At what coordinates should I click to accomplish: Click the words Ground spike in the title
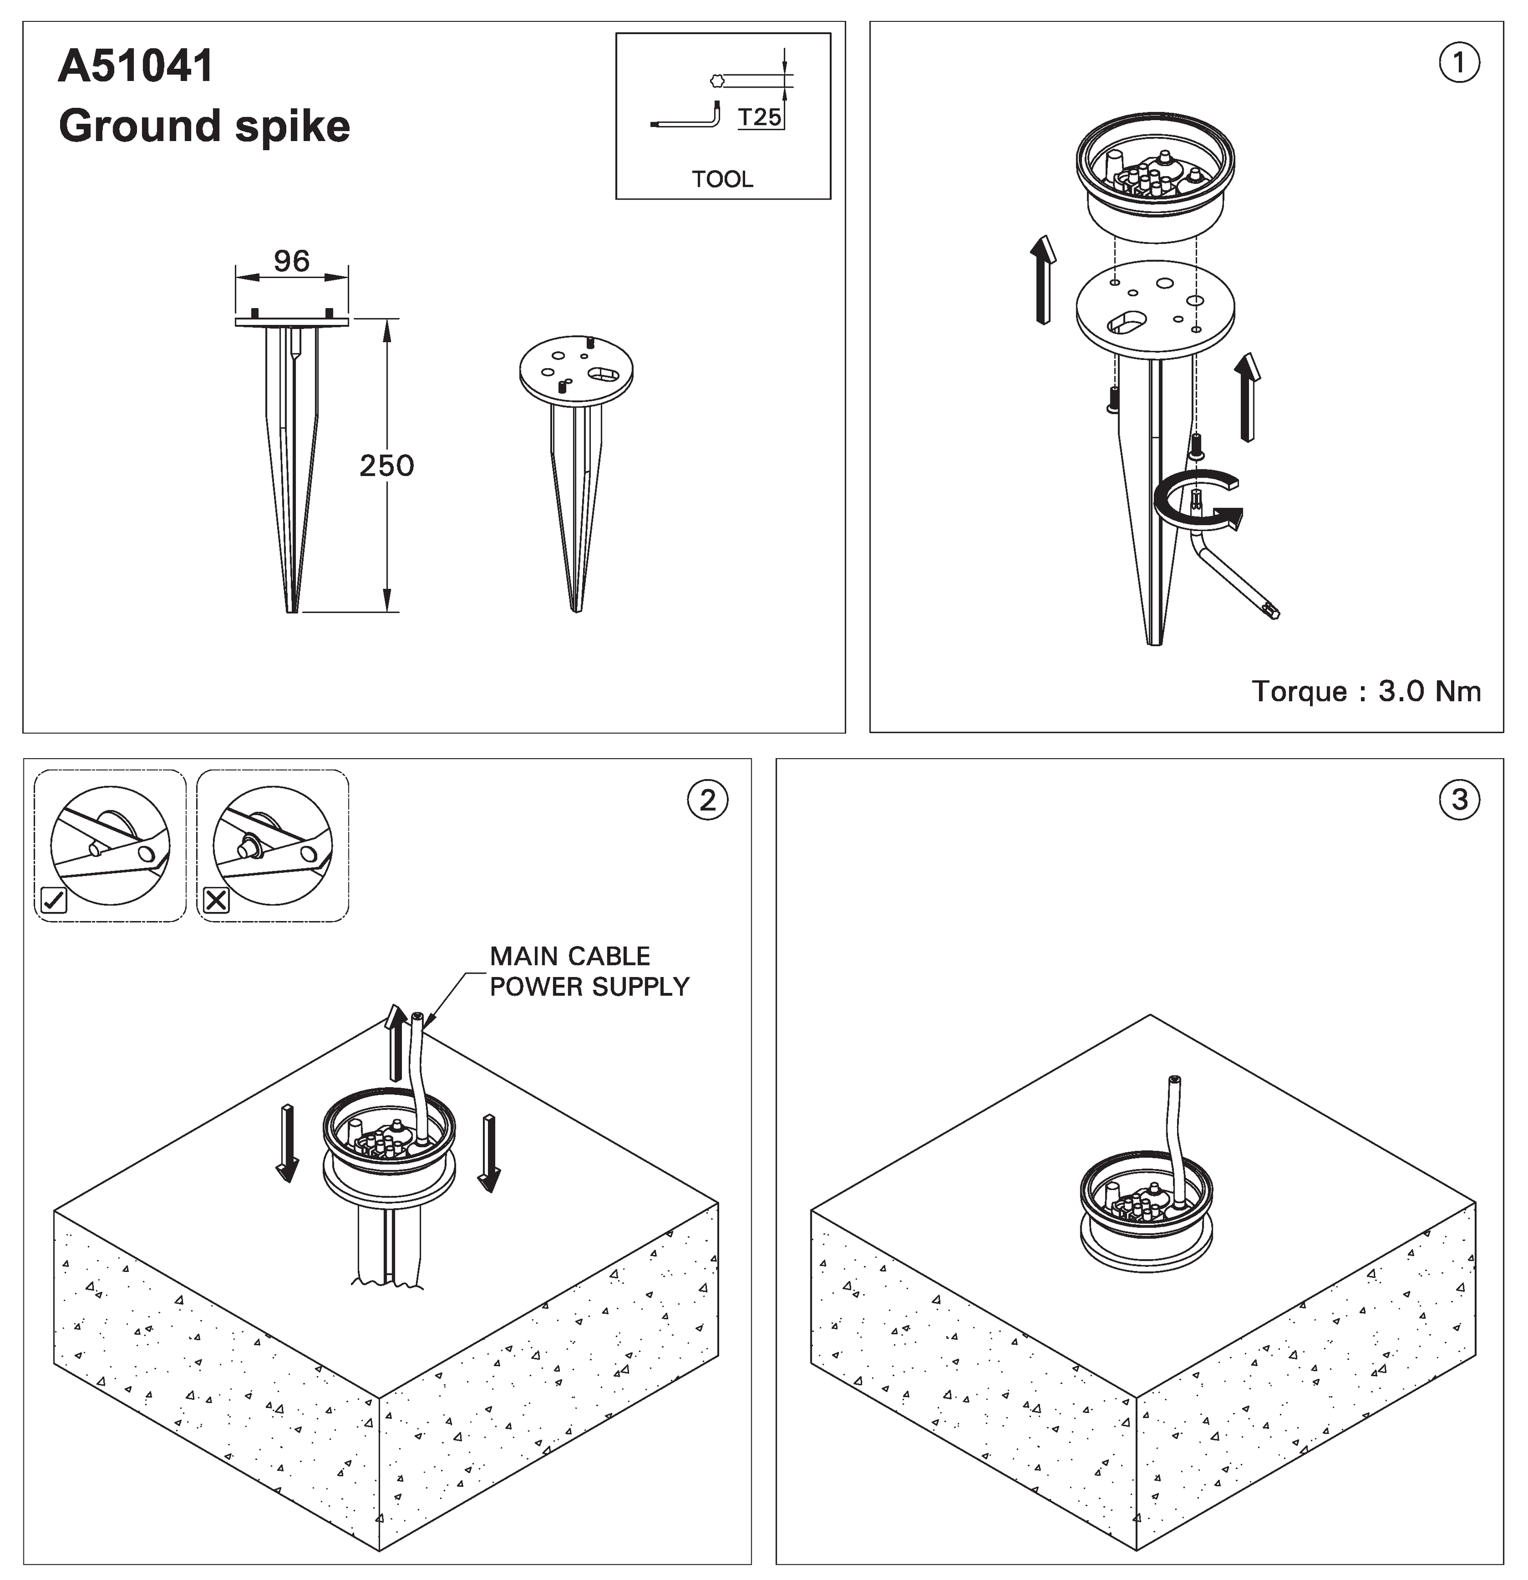pos(204,127)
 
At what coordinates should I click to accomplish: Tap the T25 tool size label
pos(759,118)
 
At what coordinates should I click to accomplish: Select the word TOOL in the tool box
pos(722,179)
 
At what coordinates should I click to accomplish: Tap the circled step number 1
pos(1459,63)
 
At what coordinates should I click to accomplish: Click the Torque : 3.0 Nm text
pos(1367,691)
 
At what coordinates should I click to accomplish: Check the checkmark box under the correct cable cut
pos(53,900)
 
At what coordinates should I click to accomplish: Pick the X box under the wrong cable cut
pos(216,900)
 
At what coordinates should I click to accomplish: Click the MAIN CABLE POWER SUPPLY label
pos(589,972)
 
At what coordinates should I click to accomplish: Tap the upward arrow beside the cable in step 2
pos(395,1042)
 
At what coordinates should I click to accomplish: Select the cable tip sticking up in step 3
pos(1175,1079)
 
